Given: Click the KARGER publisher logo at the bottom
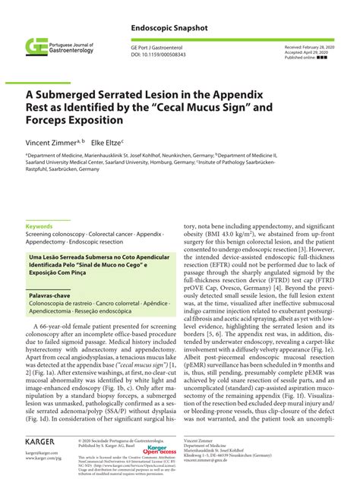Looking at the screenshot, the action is point(43,442).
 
